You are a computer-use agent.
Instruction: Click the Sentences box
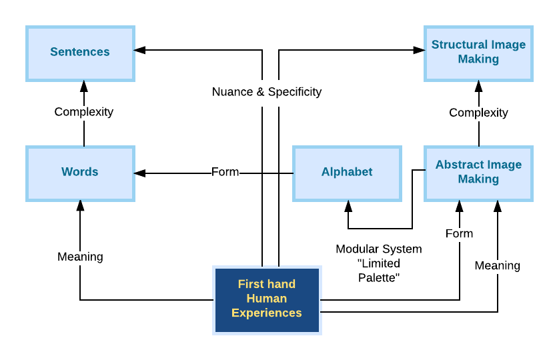80,52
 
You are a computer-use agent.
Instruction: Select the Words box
80,172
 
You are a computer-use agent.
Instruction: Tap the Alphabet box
347,172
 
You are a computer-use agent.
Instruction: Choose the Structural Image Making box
478,52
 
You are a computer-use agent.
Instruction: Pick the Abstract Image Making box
478,172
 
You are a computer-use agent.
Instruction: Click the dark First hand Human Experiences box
267,299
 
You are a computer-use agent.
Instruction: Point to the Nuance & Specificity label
267,92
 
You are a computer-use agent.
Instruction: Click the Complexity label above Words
84,112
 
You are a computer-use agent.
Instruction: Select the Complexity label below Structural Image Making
478,113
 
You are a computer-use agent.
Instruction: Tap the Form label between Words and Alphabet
225,172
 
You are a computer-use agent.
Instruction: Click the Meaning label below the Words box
80,257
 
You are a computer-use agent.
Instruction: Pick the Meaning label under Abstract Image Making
497,265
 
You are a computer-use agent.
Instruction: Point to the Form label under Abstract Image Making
459,233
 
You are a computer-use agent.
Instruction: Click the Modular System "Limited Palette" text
378,263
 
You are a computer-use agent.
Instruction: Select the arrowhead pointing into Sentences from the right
139,49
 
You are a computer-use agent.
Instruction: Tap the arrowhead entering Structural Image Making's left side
420,49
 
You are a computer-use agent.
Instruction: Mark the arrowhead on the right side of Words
139,173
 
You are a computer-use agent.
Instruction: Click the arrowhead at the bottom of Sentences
84,85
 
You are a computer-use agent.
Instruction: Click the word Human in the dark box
267,299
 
